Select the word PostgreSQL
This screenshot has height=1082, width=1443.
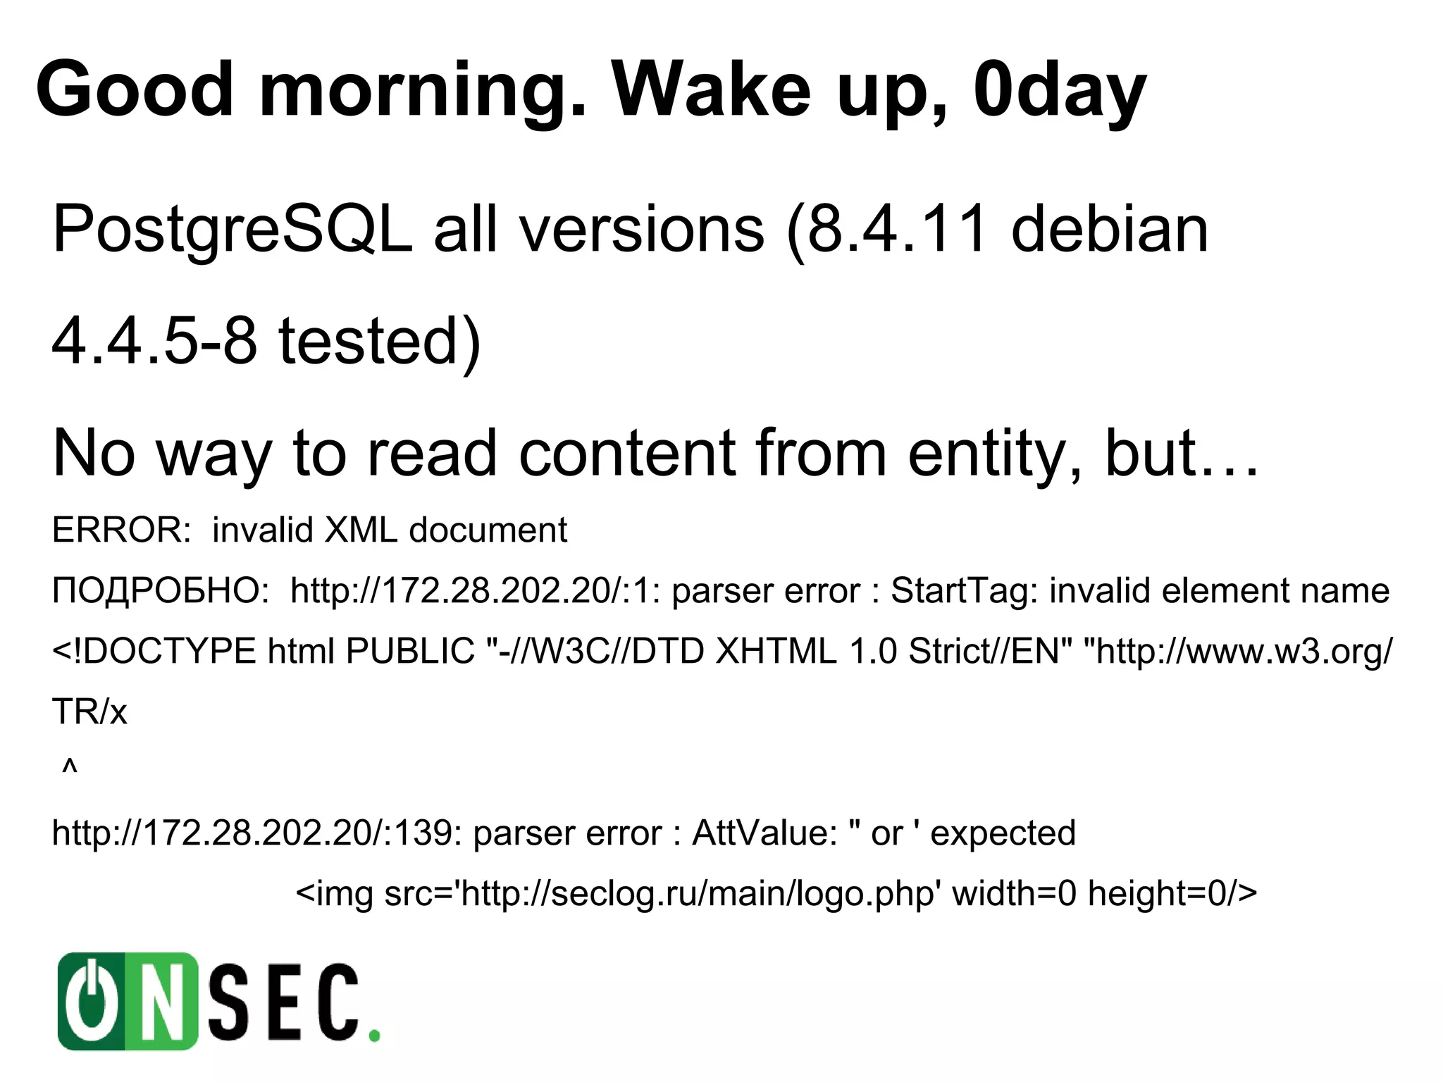tap(232, 229)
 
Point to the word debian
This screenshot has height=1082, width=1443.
tap(1110, 229)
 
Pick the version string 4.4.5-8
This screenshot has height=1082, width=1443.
tap(154, 341)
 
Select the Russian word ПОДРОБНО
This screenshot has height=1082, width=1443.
tap(160, 590)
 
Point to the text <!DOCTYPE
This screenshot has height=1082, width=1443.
tap(154, 651)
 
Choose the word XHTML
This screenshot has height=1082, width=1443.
tap(776, 651)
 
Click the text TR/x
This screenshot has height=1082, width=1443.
tap(89, 711)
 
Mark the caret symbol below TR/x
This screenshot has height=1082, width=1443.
tap(69, 766)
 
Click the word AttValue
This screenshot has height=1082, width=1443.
tap(764, 833)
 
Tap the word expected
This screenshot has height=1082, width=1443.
tap(1003, 833)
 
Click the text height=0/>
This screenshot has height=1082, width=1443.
tap(1172, 893)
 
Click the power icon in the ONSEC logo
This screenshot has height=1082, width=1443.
tap(92, 1001)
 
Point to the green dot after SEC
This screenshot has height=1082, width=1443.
tap(375, 1036)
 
